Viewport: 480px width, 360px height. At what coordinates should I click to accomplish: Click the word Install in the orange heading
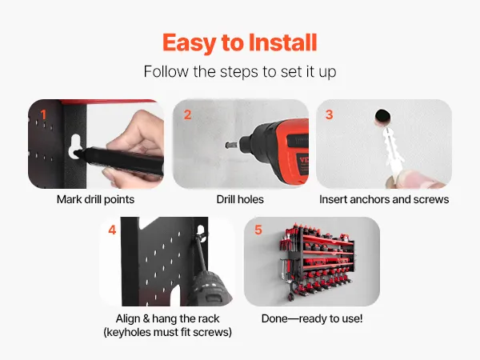coord(282,42)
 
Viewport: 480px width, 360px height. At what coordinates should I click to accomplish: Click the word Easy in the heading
coord(189,44)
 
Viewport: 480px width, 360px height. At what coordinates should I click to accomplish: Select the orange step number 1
coord(43,114)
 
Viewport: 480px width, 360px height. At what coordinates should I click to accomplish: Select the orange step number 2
coord(187,114)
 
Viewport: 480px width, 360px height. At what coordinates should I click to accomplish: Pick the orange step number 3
coord(329,114)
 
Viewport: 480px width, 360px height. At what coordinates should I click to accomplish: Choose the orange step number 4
coord(112,230)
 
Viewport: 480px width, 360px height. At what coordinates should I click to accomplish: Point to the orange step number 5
coord(258,230)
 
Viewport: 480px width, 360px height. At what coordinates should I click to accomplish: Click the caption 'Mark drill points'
coord(95,199)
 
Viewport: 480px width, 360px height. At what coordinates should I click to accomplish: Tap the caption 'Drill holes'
coord(240,199)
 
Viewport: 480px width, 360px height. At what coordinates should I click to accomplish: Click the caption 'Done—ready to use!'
coord(312,318)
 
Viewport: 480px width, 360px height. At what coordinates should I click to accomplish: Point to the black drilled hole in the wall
coord(382,116)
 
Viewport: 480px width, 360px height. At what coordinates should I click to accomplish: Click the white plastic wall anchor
coord(392,150)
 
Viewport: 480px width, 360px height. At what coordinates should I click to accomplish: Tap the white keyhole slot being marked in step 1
coord(75,146)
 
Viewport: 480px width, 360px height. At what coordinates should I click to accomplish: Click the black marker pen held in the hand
coord(119,160)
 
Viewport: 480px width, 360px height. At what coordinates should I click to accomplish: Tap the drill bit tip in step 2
coord(228,145)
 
